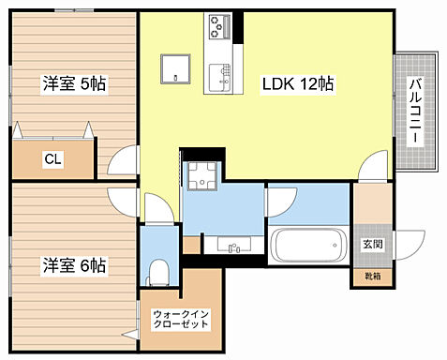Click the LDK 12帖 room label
298,84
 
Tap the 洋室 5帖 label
73,84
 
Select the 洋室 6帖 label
73,265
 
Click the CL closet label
52,159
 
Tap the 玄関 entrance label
372,245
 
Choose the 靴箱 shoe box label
372,276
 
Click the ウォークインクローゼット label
182,317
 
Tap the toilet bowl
158,273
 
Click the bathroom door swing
281,202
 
